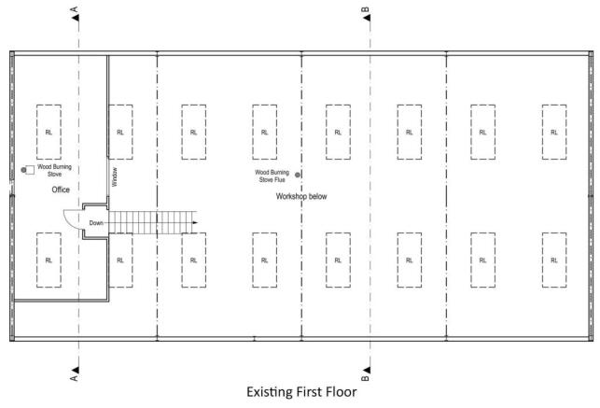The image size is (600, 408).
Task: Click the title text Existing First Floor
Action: (301, 392)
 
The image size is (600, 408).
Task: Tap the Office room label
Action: (62, 190)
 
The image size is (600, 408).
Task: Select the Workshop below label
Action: (300, 197)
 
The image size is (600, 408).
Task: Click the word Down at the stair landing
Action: (96, 223)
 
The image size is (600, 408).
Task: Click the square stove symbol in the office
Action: (31, 171)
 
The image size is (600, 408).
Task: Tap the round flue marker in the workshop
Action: (298, 175)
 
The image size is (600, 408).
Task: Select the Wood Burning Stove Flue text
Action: (271, 176)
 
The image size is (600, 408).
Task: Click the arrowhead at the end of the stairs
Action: (195, 223)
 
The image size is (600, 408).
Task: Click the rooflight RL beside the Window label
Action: (120, 132)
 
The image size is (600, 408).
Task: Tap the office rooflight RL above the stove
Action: (49, 132)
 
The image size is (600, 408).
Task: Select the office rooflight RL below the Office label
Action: (49, 260)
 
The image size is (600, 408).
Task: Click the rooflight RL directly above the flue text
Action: (265, 132)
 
